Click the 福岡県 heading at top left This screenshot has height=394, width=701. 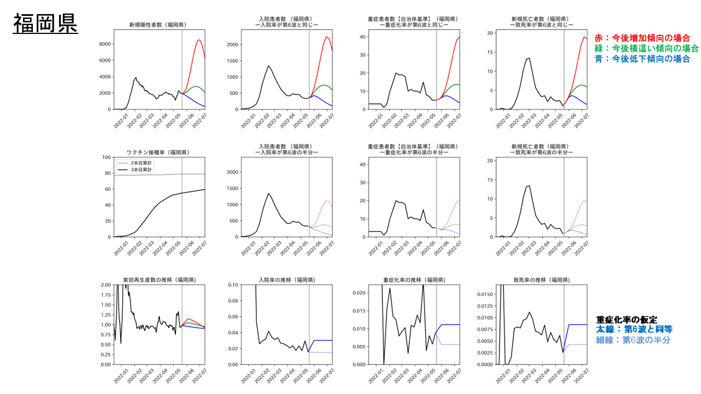(x=45, y=24)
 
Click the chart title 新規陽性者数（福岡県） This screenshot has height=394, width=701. (x=157, y=25)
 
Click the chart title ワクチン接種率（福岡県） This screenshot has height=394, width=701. (x=157, y=153)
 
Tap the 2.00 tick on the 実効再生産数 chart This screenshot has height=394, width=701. (x=103, y=285)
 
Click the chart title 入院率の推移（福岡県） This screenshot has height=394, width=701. (x=286, y=280)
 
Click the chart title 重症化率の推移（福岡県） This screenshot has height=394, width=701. (x=414, y=280)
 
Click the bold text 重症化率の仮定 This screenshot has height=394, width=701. (x=627, y=320)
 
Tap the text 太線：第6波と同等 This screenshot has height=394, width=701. (x=634, y=329)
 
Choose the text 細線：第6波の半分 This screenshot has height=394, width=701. (x=633, y=340)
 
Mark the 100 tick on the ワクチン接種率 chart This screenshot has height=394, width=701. (x=105, y=158)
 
